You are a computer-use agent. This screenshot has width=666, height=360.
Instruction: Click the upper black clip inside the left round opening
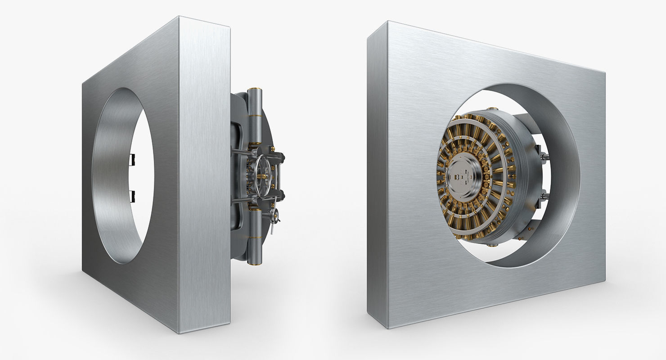pyautogui.click(x=131, y=158)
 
